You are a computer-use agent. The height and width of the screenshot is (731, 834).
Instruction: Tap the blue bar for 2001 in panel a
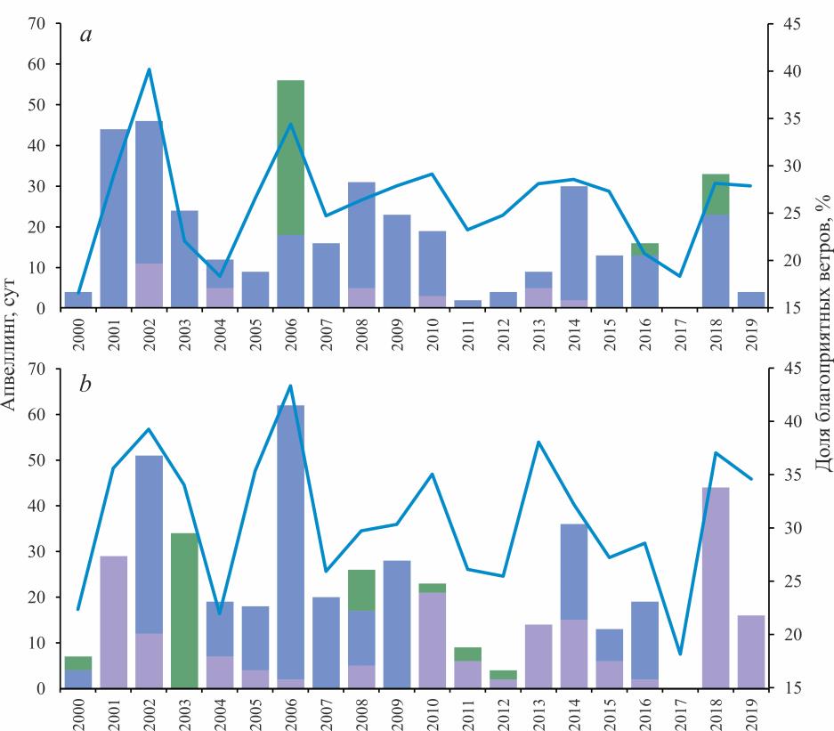point(113,218)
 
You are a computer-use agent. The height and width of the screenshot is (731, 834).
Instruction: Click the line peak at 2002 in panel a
point(149,69)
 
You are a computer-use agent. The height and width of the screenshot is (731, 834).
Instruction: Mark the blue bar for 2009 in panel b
point(397,623)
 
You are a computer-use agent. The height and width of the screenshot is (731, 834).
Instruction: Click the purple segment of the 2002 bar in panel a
point(149,285)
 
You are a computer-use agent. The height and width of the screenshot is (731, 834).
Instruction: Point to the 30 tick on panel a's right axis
point(788,167)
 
